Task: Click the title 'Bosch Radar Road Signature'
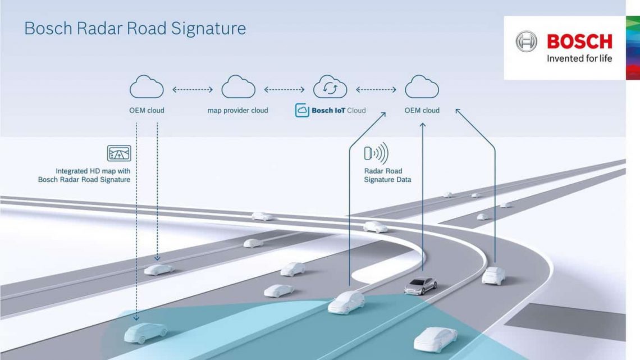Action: (135, 29)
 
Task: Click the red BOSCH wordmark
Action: (579, 42)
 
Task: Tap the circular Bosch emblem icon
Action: (526, 42)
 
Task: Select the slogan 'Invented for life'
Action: (579, 58)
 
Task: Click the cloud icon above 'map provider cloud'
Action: (238, 88)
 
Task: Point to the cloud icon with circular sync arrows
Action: (330, 87)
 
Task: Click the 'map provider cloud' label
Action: (238, 111)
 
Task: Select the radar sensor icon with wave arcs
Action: (376, 153)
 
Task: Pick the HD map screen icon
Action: (119, 153)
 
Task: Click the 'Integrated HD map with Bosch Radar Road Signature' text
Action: (84, 175)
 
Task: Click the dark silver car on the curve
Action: (420, 286)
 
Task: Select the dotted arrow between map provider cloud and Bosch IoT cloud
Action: (284, 89)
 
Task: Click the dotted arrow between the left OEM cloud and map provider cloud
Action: (193, 89)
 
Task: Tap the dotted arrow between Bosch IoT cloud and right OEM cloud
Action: (377, 89)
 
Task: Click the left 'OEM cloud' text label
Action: (147, 111)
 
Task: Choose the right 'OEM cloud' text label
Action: (422, 111)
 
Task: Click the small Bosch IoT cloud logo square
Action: (301, 111)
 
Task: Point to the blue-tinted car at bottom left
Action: (145, 332)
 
